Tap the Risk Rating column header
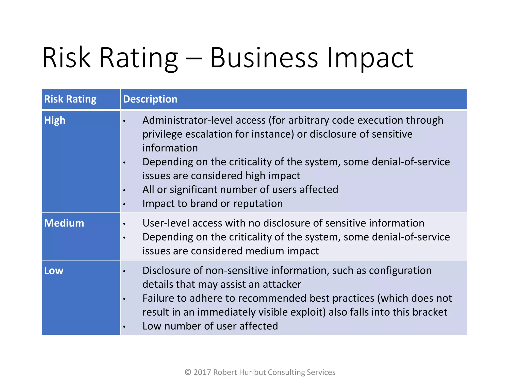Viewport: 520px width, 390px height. coord(70,99)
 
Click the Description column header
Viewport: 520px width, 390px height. coord(150,99)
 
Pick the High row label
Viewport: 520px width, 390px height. coord(55,120)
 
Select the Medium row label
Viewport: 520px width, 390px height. coord(64,223)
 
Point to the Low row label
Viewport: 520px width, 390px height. coord(54,271)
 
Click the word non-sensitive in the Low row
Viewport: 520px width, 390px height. coord(237,271)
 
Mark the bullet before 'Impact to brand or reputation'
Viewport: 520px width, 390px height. coord(124,204)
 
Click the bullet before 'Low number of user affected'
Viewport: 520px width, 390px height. coord(124,327)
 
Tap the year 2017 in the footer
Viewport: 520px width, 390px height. coord(202,372)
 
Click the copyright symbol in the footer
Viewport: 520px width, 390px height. coord(188,372)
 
